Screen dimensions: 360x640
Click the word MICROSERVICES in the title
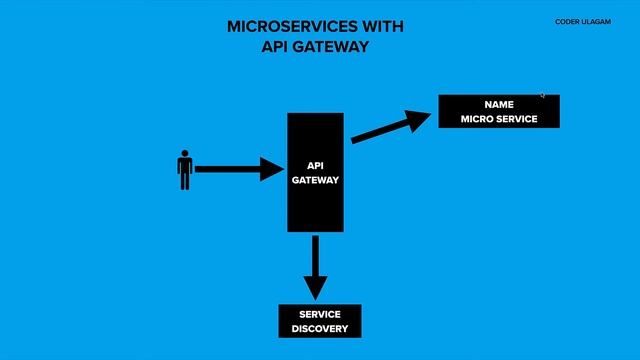274,27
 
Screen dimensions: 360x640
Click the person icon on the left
184,170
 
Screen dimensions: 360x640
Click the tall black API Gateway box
316,172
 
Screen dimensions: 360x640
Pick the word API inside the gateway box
316,166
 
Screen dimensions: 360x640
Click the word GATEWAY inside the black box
316,181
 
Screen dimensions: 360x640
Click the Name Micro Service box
498,111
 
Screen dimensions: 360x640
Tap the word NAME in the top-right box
498,104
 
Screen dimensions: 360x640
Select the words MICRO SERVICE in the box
498,119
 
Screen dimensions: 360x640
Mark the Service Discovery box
319,321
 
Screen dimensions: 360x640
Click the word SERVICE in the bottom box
319,314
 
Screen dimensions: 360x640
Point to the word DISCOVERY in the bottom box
319,329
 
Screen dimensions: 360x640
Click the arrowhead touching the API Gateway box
273,169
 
